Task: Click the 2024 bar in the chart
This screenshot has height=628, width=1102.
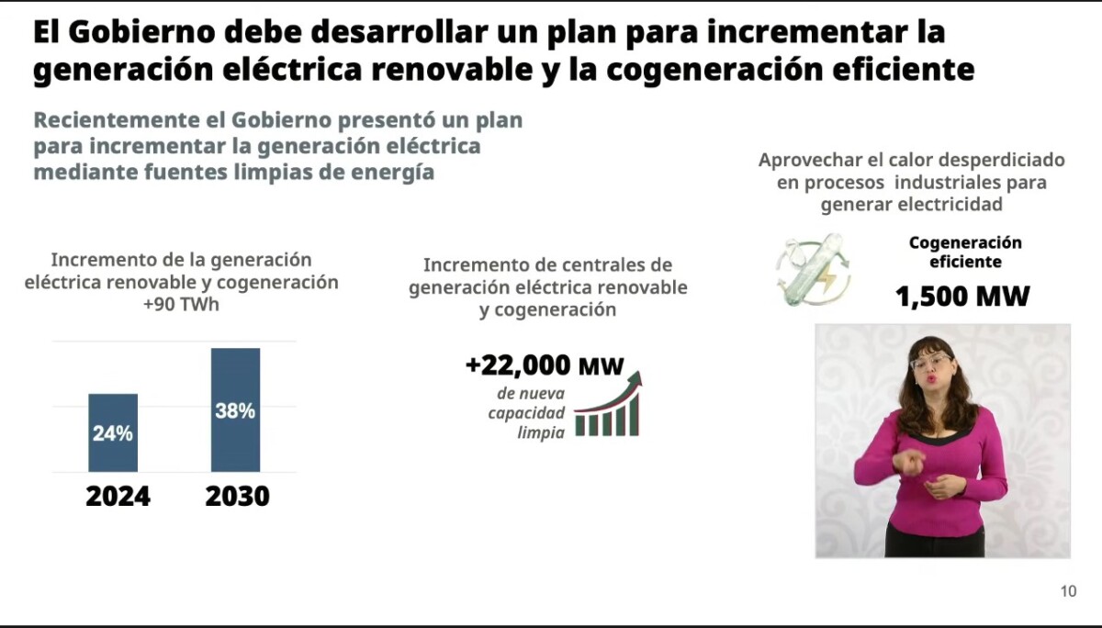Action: (113, 432)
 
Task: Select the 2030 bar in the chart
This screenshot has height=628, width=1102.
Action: (236, 410)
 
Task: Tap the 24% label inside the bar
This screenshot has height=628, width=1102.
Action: (113, 433)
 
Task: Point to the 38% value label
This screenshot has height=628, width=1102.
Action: (235, 411)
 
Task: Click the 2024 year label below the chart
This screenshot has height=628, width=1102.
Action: (118, 496)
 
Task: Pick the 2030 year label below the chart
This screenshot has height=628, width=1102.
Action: (238, 496)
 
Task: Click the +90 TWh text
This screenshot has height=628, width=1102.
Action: (181, 305)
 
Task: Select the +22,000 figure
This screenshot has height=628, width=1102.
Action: (518, 365)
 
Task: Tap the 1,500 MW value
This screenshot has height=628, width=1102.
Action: (962, 297)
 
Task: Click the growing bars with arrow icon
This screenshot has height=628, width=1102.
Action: (609, 404)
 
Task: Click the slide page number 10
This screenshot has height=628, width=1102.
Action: (1069, 590)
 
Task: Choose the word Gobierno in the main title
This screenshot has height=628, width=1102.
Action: (141, 32)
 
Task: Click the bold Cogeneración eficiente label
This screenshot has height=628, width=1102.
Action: (965, 252)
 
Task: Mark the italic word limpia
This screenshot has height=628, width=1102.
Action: (541, 432)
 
